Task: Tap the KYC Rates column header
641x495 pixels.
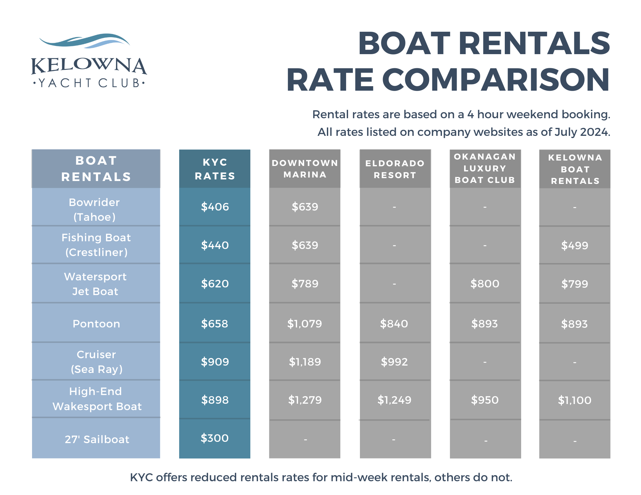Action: tap(215, 169)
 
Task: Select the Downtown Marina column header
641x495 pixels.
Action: tap(305, 169)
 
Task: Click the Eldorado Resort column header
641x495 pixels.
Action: tap(395, 169)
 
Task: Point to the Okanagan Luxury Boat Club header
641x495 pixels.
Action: tap(485, 169)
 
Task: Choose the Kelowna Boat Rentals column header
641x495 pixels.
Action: tap(575, 169)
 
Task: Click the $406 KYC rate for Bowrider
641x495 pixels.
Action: tap(215, 207)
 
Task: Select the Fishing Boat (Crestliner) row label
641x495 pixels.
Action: tap(96, 245)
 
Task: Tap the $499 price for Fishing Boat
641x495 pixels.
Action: tap(575, 246)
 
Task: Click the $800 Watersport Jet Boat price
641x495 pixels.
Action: tap(485, 284)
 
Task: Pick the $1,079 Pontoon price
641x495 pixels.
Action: tap(304, 324)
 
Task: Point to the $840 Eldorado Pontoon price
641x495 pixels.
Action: tap(394, 324)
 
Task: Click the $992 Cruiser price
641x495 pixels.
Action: tap(394, 362)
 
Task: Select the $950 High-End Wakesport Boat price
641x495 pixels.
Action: tap(485, 400)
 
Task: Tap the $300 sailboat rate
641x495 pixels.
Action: tap(214, 438)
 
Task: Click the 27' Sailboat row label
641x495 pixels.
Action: tap(97, 439)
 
